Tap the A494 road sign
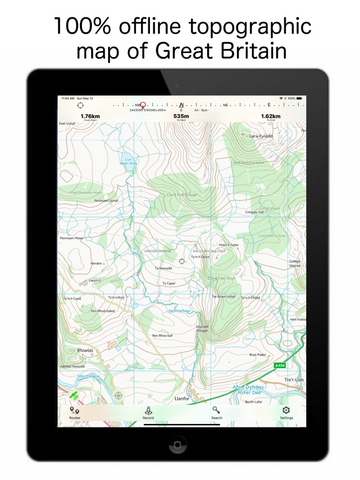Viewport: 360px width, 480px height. (280, 365)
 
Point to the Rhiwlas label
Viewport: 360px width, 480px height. (86, 351)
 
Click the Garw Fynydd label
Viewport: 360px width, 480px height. (261, 136)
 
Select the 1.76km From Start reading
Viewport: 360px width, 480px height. (82, 117)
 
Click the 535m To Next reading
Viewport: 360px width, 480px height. (181, 117)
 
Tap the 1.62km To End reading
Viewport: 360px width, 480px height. (270, 117)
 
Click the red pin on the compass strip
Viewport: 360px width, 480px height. (143, 105)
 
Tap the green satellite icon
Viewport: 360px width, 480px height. (73, 395)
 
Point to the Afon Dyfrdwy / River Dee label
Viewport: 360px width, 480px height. (250, 389)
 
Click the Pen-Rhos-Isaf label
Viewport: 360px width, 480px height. (162, 336)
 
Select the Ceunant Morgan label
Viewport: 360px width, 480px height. (202, 328)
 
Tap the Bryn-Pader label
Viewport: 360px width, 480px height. (257, 354)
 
